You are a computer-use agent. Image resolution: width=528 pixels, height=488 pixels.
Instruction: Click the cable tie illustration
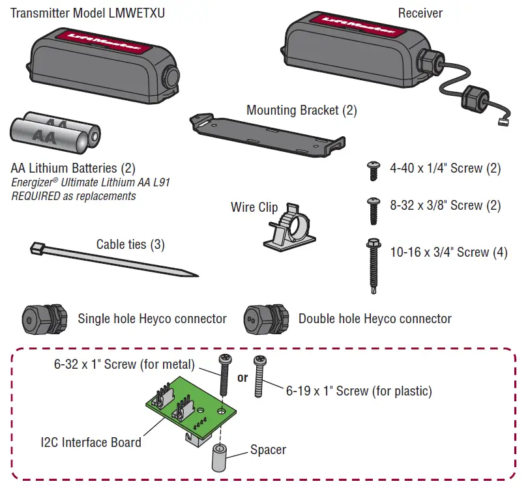click(x=111, y=261)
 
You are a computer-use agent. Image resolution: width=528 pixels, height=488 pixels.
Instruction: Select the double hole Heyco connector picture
click(x=264, y=319)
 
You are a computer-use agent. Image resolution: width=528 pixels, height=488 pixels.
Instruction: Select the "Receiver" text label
click(x=420, y=13)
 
